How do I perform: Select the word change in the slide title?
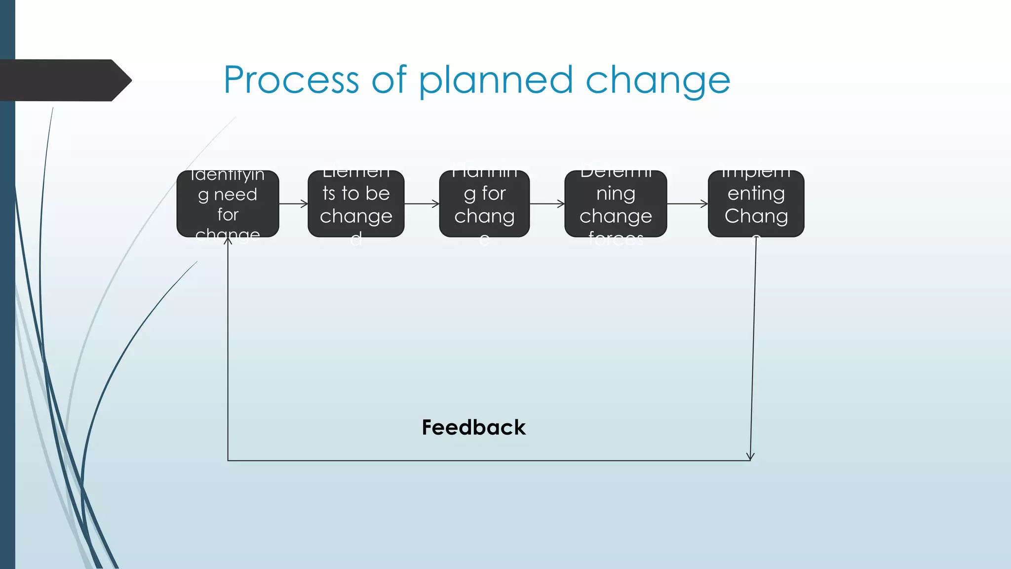658,81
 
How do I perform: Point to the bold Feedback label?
473,427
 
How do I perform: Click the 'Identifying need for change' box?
228,203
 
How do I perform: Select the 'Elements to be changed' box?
356,203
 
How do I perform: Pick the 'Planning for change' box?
484,203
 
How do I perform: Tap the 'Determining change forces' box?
616,203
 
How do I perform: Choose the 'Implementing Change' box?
756,203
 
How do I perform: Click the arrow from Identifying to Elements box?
293,203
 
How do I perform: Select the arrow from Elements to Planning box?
422,203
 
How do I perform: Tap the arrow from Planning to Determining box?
547,203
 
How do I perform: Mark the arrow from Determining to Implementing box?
687,203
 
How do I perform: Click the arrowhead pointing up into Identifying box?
228,241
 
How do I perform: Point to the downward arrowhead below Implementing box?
750,456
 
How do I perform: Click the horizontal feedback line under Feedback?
489,461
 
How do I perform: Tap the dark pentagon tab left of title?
64,80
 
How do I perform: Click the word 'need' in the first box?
235,195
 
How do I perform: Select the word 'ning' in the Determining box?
616,194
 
